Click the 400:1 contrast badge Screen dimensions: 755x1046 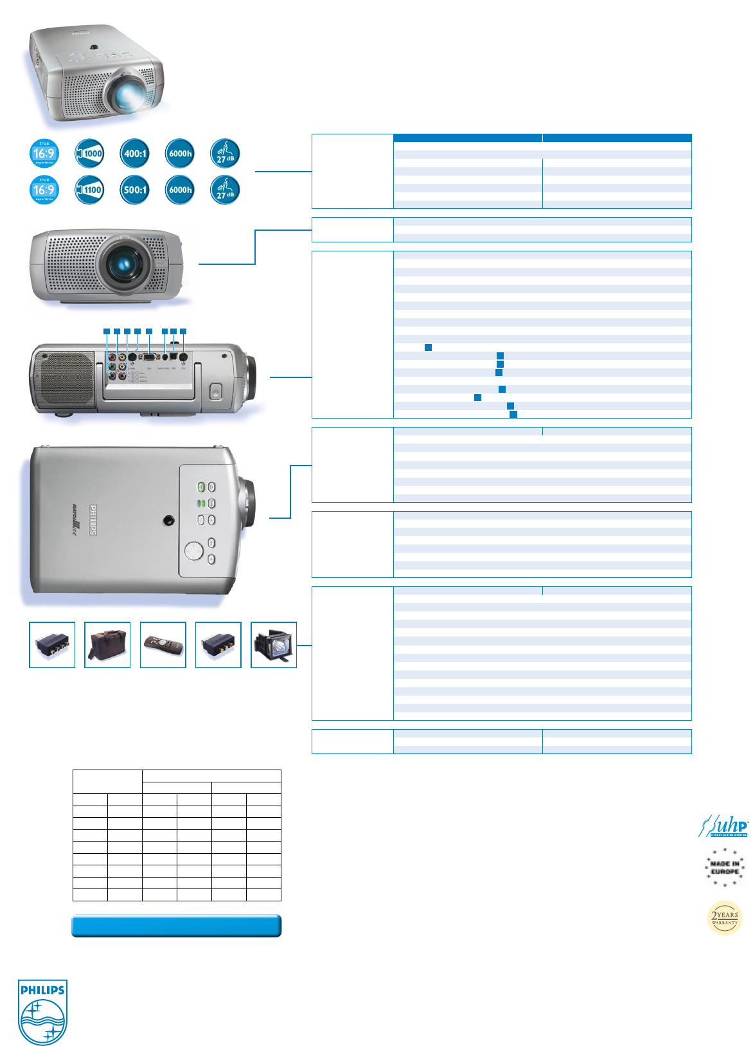pyautogui.click(x=136, y=154)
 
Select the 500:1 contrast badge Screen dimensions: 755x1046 pyautogui.click(x=136, y=190)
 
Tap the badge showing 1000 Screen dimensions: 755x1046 pyautogui.click(x=90, y=154)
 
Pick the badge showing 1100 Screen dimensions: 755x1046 pyautogui.click(x=90, y=190)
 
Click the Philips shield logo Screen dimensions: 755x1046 pyautogui.click(x=42, y=1013)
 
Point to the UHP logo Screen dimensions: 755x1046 pyautogui.click(x=724, y=826)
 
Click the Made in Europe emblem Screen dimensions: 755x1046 pyautogui.click(x=725, y=867)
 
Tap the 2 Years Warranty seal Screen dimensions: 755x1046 pyautogui.click(x=725, y=917)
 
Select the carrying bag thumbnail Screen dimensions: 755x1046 pyautogui.click(x=107, y=645)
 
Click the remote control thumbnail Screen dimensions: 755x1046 pyautogui.click(x=163, y=645)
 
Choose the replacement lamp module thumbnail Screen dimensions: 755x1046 pyautogui.click(x=274, y=645)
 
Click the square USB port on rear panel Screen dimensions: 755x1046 pyautogui.click(x=173, y=356)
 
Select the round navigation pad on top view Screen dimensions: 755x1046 pyautogui.click(x=193, y=550)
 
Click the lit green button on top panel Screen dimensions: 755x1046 pyautogui.click(x=201, y=487)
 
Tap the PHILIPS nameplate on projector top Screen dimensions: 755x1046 pyautogui.click(x=94, y=519)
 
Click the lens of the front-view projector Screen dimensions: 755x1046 pyautogui.click(x=124, y=263)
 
